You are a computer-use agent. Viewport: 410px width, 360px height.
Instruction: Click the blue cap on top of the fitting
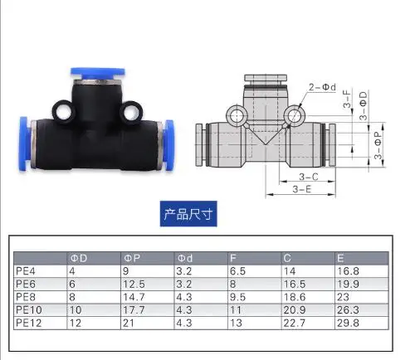[98, 73]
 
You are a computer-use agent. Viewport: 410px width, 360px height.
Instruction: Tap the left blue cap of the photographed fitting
[24, 144]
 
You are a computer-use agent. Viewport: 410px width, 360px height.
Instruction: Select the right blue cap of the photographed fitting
[168, 144]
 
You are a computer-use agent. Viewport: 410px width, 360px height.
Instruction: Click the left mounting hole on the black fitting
[64, 112]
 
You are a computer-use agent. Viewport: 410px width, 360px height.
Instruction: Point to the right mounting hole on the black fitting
[131, 113]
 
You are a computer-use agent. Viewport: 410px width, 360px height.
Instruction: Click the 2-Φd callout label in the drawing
[322, 87]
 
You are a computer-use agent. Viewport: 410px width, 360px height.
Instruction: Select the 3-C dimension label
[309, 177]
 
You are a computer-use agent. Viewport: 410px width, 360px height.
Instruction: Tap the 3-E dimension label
[302, 189]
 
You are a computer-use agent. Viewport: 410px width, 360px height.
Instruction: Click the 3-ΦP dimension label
[378, 145]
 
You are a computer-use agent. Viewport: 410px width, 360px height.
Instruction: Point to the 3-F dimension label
[347, 98]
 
